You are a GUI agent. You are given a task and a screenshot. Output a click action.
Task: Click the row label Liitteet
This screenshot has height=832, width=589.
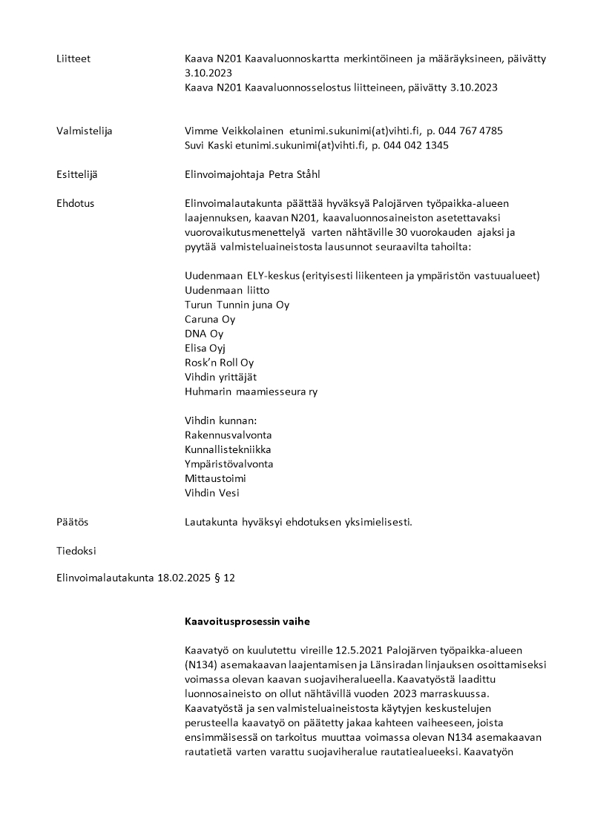point(73,59)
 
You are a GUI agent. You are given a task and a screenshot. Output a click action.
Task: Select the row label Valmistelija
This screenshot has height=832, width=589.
point(84,131)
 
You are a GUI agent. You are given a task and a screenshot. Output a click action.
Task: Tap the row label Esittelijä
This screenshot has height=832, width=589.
point(76,174)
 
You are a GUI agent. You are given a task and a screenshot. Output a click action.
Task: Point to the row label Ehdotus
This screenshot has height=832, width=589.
point(75,202)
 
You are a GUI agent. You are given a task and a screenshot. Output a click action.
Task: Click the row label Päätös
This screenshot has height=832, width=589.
point(72,522)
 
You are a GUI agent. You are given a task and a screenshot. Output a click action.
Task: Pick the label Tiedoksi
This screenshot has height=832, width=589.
point(76,551)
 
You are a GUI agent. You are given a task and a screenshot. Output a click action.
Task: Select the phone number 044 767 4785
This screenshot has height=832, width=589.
point(471,131)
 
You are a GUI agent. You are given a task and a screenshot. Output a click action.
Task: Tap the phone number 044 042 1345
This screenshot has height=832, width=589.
point(416,145)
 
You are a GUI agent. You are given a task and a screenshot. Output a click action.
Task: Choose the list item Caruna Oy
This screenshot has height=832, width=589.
point(210,319)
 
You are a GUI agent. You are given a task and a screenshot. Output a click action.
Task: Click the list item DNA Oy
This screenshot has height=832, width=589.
point(204,334)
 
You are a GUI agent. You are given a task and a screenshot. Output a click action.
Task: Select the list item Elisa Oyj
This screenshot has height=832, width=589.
point(205,348)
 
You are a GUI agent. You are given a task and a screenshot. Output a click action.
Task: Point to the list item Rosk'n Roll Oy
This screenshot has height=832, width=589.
point(219,363)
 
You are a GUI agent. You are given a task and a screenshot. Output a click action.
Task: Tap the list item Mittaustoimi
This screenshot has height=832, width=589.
point(215,478)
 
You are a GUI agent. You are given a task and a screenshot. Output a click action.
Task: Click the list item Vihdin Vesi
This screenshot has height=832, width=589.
point(212,492)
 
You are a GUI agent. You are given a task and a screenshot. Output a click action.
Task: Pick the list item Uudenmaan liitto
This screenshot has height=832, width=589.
point(227,290)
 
